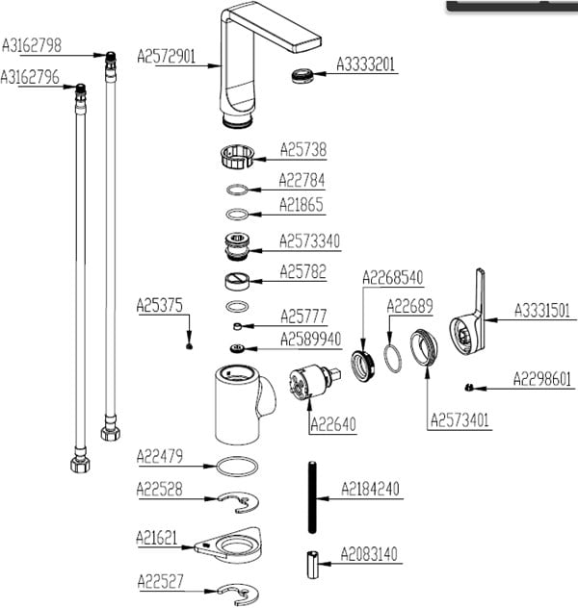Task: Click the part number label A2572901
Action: tap(167, 57)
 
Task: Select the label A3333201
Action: tap(366, 65)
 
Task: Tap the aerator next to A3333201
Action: tap(302, 75)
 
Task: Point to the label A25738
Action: tap(302, 149)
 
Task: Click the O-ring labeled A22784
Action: tap(238, 189)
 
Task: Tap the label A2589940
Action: tap(310, 339)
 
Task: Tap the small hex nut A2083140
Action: tap(311, 563)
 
